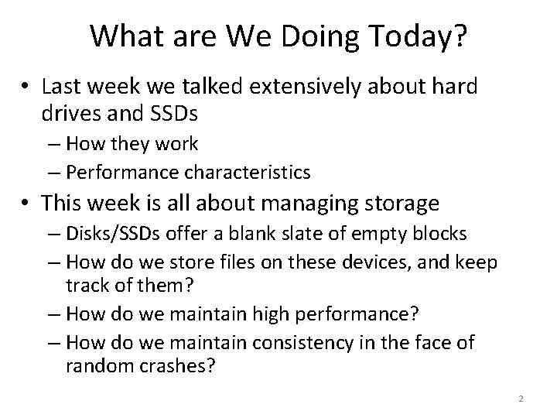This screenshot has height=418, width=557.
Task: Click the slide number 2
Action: coord(521,399)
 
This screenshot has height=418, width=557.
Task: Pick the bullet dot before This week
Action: coord(27,204)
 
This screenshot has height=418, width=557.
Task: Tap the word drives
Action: coord(67,114)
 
